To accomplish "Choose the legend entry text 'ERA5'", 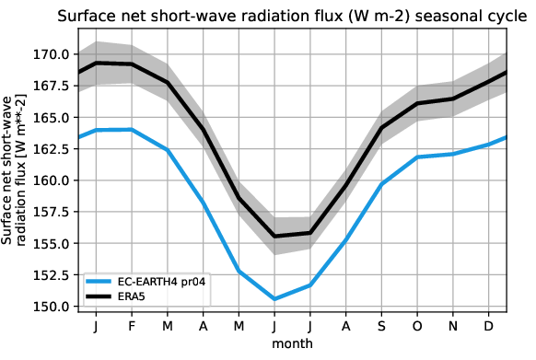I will tap(144, 296).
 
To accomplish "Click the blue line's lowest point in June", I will tap(274, 299).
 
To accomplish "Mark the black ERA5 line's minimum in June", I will tap(274, 237).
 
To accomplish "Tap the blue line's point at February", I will tap(131, 130).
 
